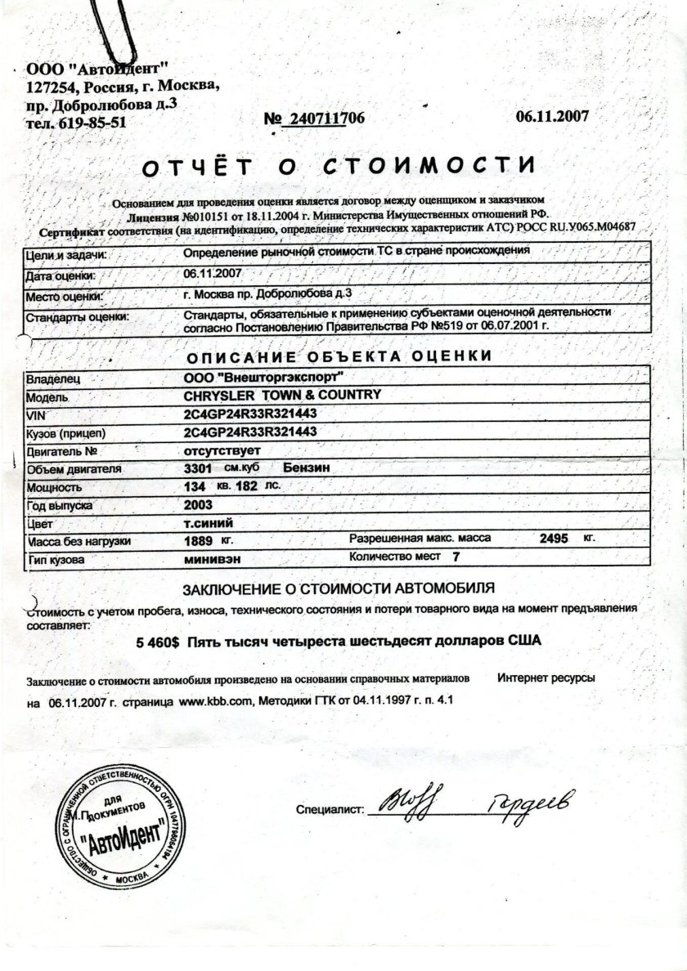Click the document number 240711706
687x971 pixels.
324,119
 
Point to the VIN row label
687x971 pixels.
34,414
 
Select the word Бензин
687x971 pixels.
307,468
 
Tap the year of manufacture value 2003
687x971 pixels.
199,504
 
